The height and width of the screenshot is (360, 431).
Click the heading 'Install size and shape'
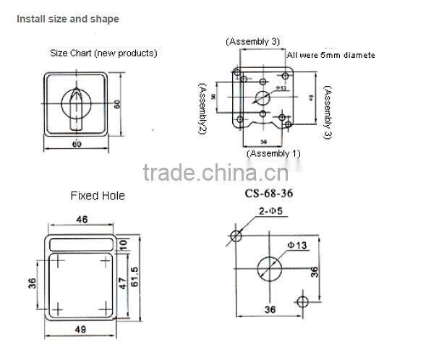[x=68, y=19]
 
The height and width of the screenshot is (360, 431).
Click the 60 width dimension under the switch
[x=77, y=145]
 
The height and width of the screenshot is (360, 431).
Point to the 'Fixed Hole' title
[x=98, y=195]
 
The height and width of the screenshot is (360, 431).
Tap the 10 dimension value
[x=123, y=245]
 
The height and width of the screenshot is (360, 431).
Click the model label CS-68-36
[x=269, y=194]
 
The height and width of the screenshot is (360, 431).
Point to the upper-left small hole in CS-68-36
[x=236, y=235]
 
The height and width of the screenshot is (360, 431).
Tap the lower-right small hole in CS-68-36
[x=303, y=299]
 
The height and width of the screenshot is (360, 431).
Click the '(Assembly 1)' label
[x=273, y=153]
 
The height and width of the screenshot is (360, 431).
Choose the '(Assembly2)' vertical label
[x=203, y=108]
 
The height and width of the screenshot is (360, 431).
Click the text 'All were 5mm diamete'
[x=331, y=55]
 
